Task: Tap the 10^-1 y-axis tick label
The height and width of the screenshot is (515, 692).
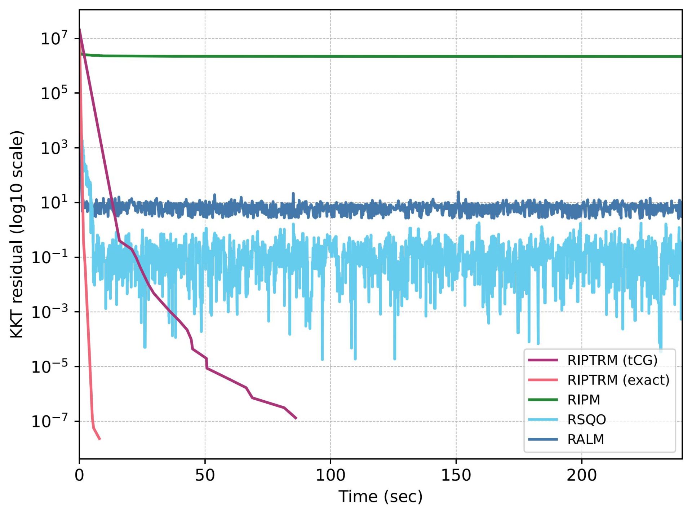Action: tap(50, 257)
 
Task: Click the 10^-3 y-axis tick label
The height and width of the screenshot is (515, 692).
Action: tap(50, 312)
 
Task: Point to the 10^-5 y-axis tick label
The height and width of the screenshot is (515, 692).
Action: tap(50, 367)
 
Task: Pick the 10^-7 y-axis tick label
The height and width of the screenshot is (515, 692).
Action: tap(50, 421)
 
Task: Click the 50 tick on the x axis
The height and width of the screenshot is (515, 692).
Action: tap(205, 475)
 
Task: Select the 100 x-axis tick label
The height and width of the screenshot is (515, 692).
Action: tap(331, 475)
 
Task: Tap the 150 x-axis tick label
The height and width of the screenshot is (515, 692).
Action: tap(456, 475)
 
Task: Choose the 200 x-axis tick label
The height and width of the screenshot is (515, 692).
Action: tap(581, 475)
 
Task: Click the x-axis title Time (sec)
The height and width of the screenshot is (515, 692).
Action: tap(380, 497)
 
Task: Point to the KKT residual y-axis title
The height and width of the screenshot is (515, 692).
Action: tap(17, 234)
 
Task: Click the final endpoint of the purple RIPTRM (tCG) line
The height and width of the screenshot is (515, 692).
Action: tap(296, 418)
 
